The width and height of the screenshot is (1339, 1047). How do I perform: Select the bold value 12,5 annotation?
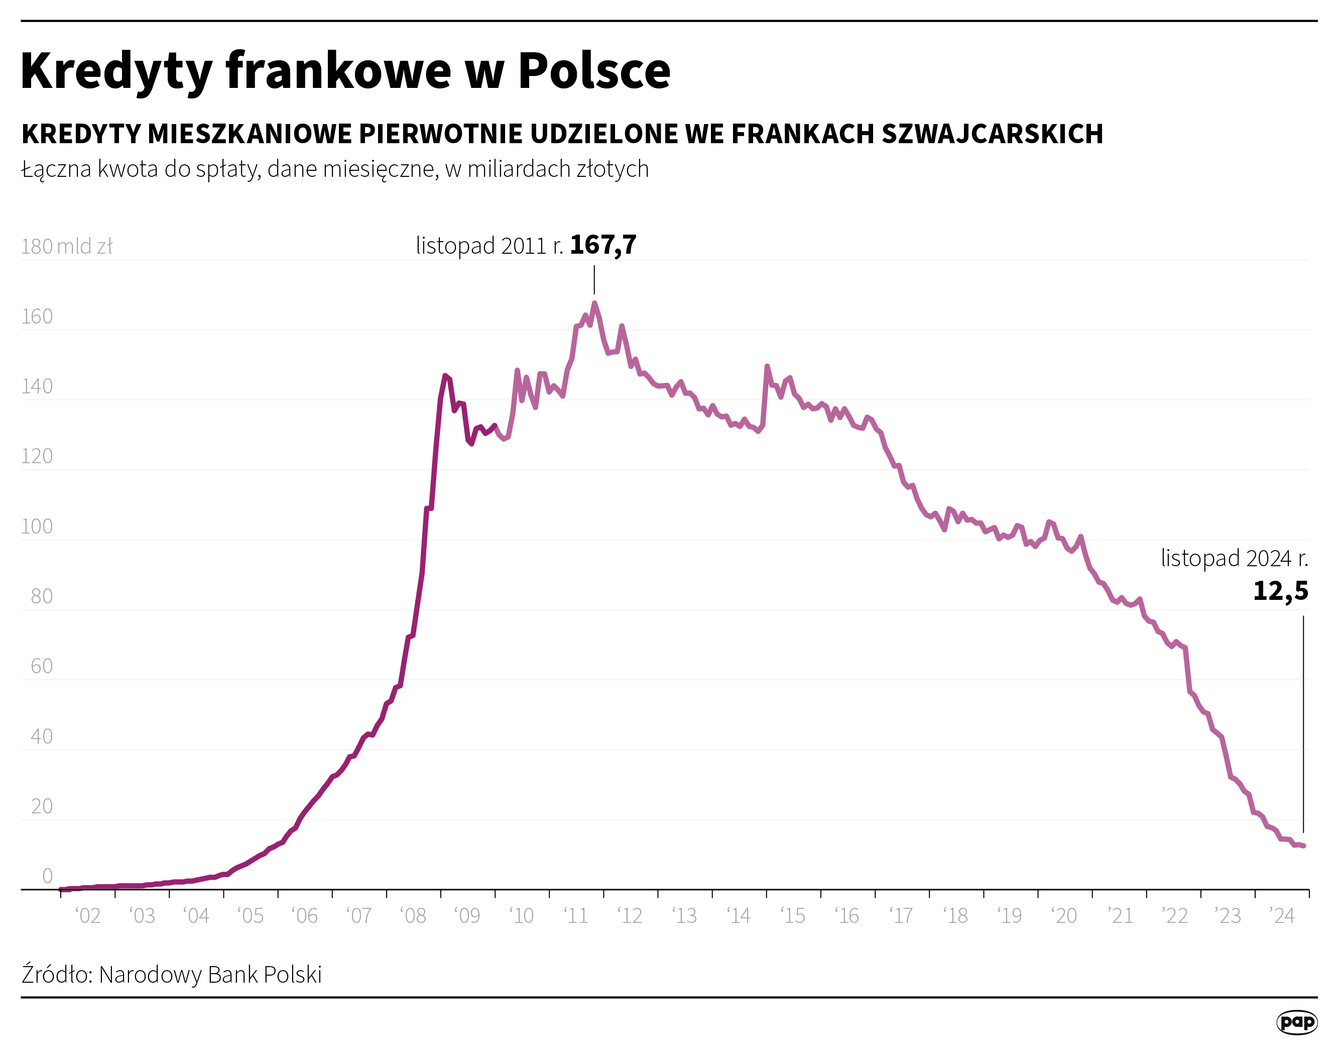click(1280, 591)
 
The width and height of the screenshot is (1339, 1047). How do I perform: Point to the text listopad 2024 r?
click(1234, 558)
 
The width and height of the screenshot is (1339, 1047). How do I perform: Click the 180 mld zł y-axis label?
click(66, 247)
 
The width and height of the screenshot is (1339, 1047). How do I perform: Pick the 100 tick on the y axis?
click(37, 526)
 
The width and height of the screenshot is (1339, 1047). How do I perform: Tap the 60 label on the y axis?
click(42, 666)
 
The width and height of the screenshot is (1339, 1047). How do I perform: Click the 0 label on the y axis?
click(47, 876)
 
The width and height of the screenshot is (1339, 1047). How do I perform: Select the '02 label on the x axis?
click(88, 916)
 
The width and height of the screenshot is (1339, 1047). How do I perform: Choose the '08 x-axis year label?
click(413, 916)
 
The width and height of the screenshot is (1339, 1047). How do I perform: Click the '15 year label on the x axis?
click(793, 916)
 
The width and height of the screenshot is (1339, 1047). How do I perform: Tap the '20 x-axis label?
click(1064, 916)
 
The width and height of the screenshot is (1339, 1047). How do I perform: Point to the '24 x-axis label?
click(1281, 916)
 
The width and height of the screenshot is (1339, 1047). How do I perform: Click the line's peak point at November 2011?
click(594, 303)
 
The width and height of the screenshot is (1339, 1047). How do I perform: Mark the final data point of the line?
click(1303, 846)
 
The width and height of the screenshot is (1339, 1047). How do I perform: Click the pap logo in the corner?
click(1297, 1022)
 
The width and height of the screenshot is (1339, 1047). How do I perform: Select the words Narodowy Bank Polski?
click(210, 975)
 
